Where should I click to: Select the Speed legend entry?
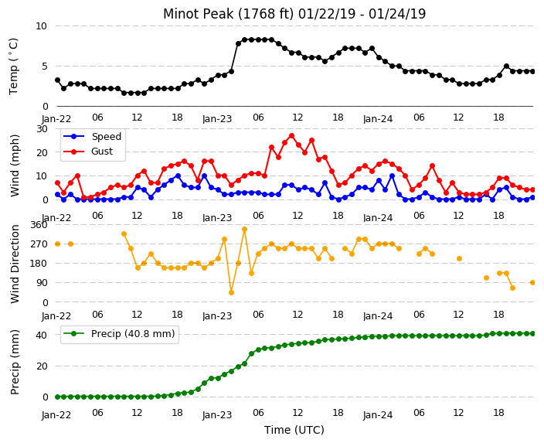(93, 136)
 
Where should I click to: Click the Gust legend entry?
(88, 152)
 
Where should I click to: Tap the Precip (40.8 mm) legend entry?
(119, 334)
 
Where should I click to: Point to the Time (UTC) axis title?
(294, 430)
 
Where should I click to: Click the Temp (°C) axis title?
(13, 66)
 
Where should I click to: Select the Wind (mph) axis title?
(15, 165)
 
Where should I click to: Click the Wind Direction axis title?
(15, 264)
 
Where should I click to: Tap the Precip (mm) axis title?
(15, 362)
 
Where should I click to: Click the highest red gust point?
(291, 136)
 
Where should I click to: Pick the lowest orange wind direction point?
(231, 293)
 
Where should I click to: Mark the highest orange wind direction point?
(245, 229)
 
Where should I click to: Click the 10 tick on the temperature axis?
(41, 26)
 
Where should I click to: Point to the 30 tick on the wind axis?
(42, 129)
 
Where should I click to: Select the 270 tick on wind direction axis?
(39, 244)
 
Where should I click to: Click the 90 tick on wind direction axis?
(42, 283)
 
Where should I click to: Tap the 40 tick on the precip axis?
(42, 335)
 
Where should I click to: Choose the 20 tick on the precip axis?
(42, 366)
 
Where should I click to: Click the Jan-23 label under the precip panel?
(217, 415)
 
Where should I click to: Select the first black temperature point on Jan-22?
(58, 80)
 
